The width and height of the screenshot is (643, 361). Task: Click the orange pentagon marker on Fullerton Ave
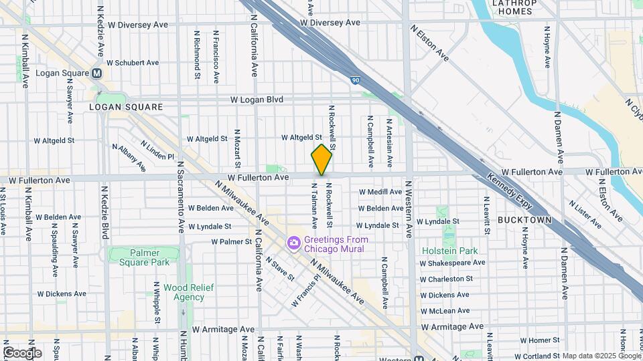[321, 160]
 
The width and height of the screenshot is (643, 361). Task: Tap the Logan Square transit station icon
[97, 74]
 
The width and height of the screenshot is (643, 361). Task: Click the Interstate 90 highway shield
[354, 80]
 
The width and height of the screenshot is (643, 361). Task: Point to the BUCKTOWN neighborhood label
[524, 220]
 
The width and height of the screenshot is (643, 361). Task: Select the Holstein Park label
[449, 251]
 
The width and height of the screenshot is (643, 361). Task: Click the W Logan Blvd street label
[257, 100]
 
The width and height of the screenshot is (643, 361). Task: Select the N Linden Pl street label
[157, 150]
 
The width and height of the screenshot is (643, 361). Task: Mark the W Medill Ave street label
[380, 192]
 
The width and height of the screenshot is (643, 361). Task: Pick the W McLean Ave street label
[445, 311]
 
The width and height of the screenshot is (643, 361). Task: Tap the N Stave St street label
[279, 269]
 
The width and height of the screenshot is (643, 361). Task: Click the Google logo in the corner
[22, 352]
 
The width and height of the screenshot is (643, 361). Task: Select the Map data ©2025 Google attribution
[601, 356]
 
